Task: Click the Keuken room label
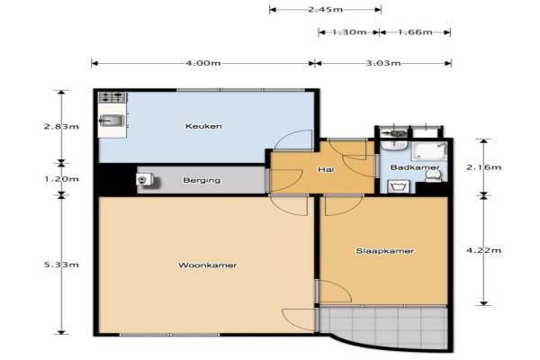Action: [x=203, y=126]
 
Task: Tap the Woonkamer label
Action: [x=207, y=265]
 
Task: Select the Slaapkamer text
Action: [x=384, y=251]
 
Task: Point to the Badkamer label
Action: [x=415, y=167]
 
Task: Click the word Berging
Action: [x=202, y=180]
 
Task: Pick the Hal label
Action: [x=326, y=169]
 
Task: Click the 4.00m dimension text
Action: [x=203, y=63]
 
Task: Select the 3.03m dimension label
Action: [x=383, y=63]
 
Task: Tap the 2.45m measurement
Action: [x=325, y=9]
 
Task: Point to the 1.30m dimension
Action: [x=349, y=32]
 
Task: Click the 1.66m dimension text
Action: [x=415, y=32]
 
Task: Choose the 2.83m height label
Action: [x=61, y=126]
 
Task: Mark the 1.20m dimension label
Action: [x=61, y=179]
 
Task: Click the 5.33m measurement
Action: [x=61, y=265]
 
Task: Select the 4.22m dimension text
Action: [x=483, y=250]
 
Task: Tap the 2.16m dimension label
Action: [x=483, y=167]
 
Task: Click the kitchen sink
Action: [x=112, y=121]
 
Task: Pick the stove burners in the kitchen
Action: [x=112, y=97]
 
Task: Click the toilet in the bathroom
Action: [x=434, y=175]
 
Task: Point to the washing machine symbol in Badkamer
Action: [x=399, y=186]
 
